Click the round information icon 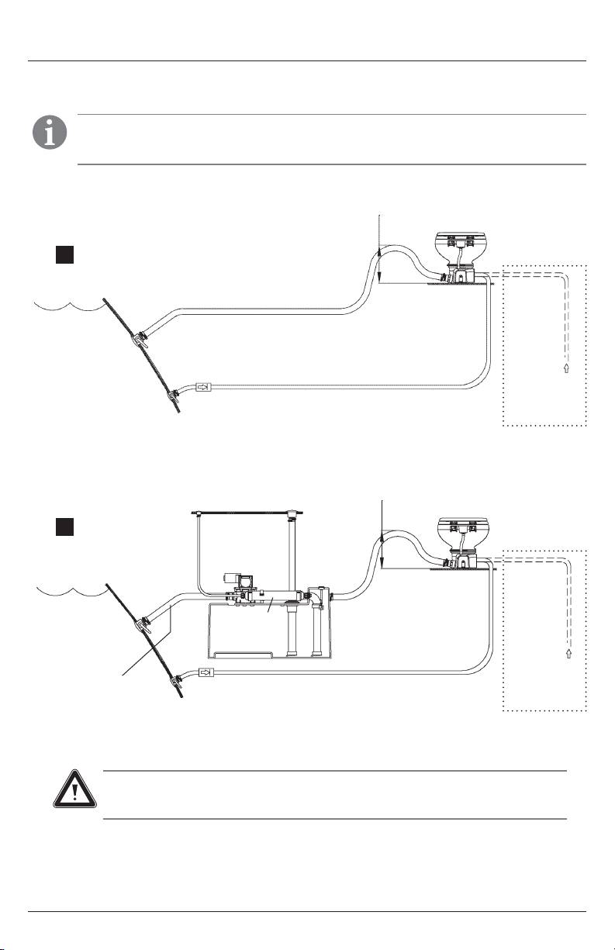coord(49,133)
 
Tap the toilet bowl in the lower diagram coord(467,530)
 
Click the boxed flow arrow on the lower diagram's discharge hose coord(206,672)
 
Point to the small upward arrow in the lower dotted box coord(570,654)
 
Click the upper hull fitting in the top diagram coord(139,339)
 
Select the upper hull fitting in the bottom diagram coord(142,624)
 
